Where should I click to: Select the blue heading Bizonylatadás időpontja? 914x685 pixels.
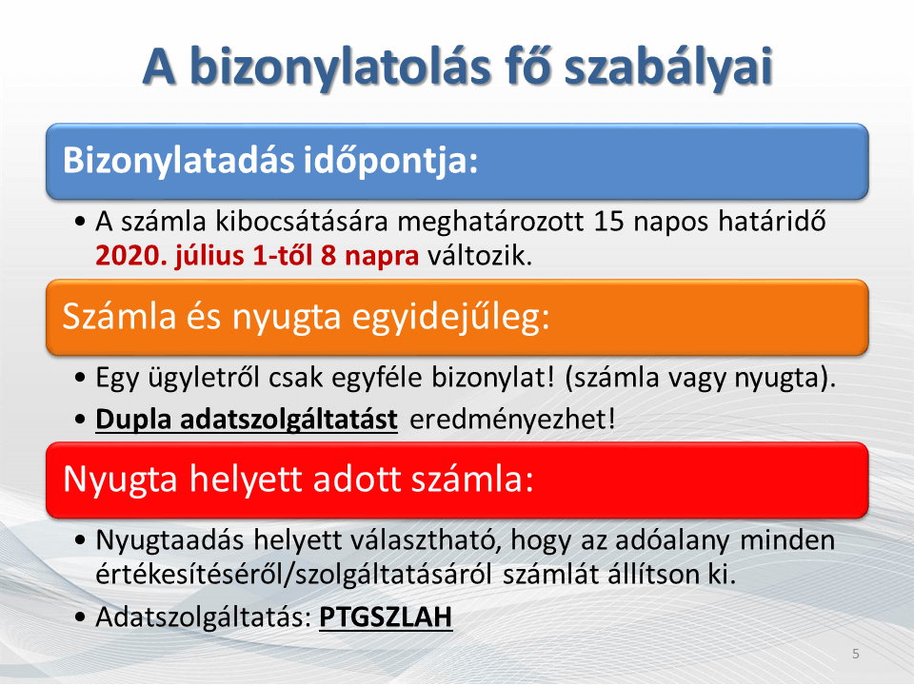(x=270, y=160)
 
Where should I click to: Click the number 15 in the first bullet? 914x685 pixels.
(x=609, y=222)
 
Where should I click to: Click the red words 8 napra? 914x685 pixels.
(x=370, y=256)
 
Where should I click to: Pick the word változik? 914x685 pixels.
(x=480, y=256)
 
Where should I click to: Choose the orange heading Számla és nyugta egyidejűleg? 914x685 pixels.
(x=306, y=318)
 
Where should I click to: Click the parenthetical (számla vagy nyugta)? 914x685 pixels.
(x=700, y=379)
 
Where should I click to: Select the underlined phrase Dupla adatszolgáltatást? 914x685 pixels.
(x=247, y=420)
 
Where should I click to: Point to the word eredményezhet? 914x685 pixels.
(x=512, y=420)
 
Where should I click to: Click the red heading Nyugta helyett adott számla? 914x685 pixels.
(x=298, y=479)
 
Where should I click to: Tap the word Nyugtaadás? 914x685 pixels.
(x=169, y=540)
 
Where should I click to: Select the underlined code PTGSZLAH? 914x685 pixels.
(x=386, y=617)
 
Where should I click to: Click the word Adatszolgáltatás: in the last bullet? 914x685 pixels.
(x=204, y=617)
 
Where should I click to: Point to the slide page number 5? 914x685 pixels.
(x=856, y=654)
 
